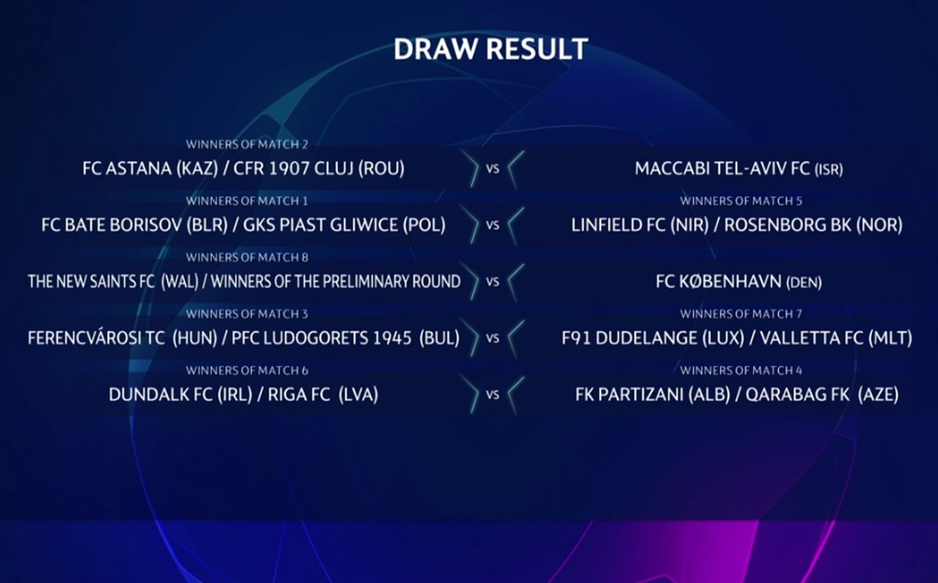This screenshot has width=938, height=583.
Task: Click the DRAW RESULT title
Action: coord(491,50)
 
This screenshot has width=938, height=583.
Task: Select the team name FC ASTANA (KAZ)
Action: coord(150,169)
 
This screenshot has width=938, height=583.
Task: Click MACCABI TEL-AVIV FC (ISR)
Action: coord(739,169)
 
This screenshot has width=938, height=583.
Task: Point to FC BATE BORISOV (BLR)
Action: coord(134,226)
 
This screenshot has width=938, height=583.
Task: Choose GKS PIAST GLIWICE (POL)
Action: coord(344,226)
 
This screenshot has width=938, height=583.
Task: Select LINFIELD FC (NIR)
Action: coord(640,226)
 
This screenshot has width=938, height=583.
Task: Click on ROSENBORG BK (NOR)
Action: coord(813,226)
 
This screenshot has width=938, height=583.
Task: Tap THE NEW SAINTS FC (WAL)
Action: coord(113,282)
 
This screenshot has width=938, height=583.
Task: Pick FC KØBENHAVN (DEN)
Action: coord(739,282)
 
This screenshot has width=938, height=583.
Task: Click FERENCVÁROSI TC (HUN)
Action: coord(123,339)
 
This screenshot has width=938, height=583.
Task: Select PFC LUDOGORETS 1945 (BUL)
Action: coord(346,339)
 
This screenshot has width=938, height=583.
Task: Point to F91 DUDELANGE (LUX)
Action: coord(653,339)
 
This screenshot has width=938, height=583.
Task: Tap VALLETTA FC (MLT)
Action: coord(836,339)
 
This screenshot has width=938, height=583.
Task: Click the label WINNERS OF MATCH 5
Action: coord(741,201)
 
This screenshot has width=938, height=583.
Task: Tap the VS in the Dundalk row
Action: coord(492,395)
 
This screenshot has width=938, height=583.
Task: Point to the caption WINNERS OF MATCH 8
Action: coord(247,258)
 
